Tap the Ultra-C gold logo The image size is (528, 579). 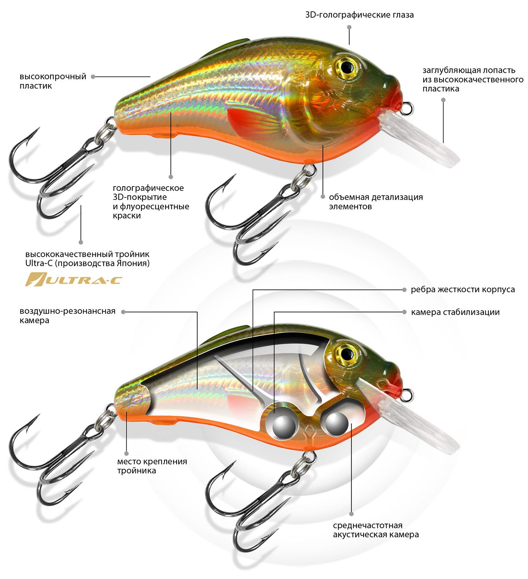pyautogui.click(x=74, y=279)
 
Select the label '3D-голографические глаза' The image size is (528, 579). pyautogui.click(x=359, y=15)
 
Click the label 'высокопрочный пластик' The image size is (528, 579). pyautogui.click(x=53, y=81)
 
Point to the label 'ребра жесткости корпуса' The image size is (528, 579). pyautogui.click(x=463, y=289)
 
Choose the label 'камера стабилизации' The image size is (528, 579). pyautogui.click(x=455, y=312)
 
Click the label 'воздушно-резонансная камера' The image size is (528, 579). pyautogui.click(x=68, y=316)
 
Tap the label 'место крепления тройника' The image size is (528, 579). pyautogui.click(x=152, y=466)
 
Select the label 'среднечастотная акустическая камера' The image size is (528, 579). pyautogui.click(x=376, y=530)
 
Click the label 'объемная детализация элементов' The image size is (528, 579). pyautogui.click(x=376, y=202)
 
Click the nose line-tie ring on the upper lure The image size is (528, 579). pyautogui.click(x=407, y=109)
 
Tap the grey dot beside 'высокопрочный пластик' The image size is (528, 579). pyautogui.click(x=93, y=77)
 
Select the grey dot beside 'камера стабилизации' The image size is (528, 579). pyautogui.click(x=404, y=312)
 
